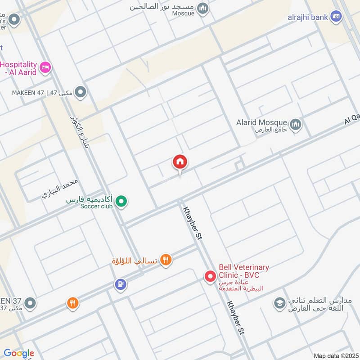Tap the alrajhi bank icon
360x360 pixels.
click(335, 17)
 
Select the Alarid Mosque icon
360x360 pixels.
click(296, 124)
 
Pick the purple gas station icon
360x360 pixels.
click(120, 284)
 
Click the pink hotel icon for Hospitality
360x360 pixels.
click(45, 68)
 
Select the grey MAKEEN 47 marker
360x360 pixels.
click(81, 93)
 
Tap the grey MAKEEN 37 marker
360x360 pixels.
click(30, 303)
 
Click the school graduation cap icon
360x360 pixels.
click(279, 303)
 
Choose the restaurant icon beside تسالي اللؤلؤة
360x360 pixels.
click(166, 260)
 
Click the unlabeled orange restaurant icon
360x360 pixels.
click(72, 303)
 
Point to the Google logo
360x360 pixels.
click(18, 353)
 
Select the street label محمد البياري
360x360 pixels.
click(60, 189)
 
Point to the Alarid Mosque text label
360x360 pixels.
click(261, 122)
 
